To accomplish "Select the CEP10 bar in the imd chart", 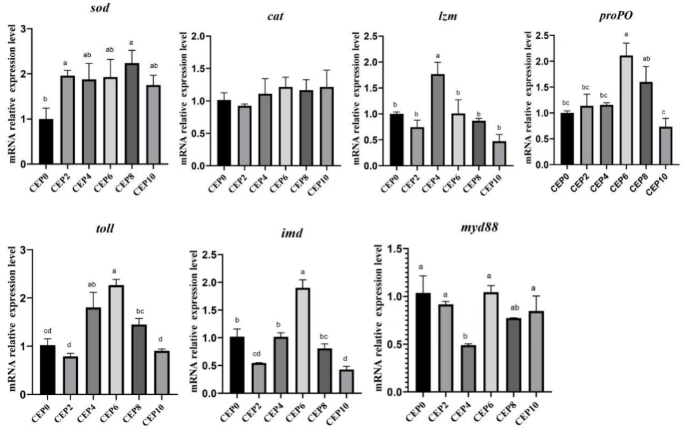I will click(276, 382).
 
